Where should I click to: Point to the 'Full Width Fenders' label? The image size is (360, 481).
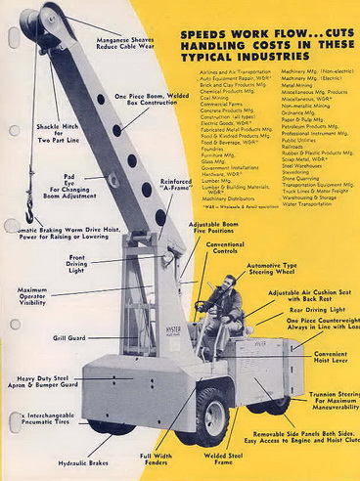[x=156, y=459]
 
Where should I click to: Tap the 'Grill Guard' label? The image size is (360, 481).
[x=69, y=338]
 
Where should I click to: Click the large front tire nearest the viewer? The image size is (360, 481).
[x=208, y=415]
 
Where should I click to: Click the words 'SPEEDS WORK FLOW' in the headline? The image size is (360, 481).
[x=230, y=33]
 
